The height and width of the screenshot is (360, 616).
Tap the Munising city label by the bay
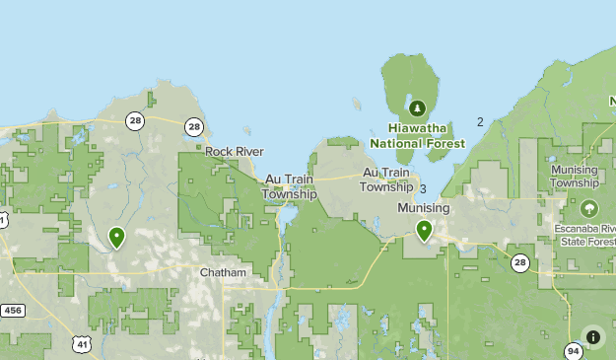tap(423, 208)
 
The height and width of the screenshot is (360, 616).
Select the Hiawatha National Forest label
tap(417, 135)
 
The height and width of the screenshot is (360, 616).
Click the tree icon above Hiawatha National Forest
tap(417, 107)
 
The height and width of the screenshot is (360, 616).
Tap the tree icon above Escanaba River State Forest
tap(589, 209)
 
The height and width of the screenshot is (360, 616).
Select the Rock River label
tap(234, 151)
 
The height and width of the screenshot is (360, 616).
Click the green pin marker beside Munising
tap(424, 231)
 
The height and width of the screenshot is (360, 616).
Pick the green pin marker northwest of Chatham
tap(116, 237)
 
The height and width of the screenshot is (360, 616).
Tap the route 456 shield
tap(12, 311)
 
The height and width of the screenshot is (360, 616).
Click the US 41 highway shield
tap(81, 342)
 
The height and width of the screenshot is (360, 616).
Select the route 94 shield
tap(574, 351)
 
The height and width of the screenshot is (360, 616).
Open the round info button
tap(592, 336)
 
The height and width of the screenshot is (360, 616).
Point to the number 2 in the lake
tap(480, 122)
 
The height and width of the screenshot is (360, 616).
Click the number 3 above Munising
tap(423, 189)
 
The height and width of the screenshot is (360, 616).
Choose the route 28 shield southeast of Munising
tap(519, 262)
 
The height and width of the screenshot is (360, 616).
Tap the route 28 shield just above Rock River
tap(194, 126)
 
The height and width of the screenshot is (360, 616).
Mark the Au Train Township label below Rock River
tap(289, 186)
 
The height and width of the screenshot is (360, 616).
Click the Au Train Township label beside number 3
tap(385, 180)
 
